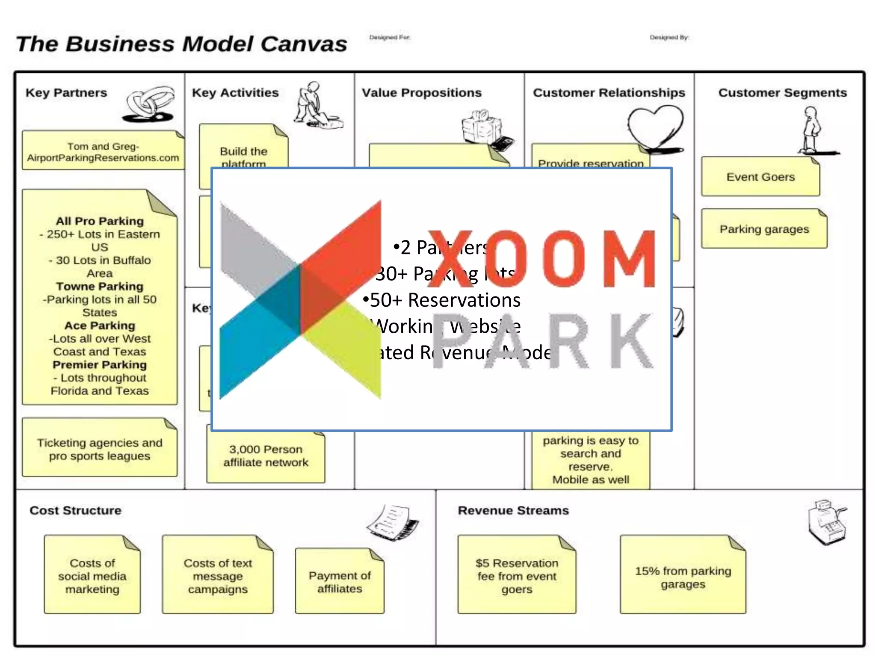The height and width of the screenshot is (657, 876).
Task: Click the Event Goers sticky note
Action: point(760,177)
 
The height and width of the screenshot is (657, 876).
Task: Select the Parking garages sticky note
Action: point(764,229)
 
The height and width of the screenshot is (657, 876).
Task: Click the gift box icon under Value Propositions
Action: point(483,127)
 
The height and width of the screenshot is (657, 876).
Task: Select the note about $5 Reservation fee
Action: point(517,576)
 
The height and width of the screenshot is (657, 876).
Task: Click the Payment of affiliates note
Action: point(340,582)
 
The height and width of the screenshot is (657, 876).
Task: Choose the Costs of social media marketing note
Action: point(92,576)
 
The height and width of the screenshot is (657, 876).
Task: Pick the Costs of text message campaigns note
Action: point(218,576)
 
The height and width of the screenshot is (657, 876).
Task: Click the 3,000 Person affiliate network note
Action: point(266,456)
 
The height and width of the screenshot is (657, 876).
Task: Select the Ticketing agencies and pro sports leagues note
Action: point(100,449)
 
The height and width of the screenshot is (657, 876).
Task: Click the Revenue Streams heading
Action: point(513,510)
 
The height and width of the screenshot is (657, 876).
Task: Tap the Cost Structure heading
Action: point(75,510)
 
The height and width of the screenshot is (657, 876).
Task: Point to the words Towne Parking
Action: point(100,286)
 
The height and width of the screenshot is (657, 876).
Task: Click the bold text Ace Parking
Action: point(100,326)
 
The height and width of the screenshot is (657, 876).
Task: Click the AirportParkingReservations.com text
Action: point(103,158)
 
